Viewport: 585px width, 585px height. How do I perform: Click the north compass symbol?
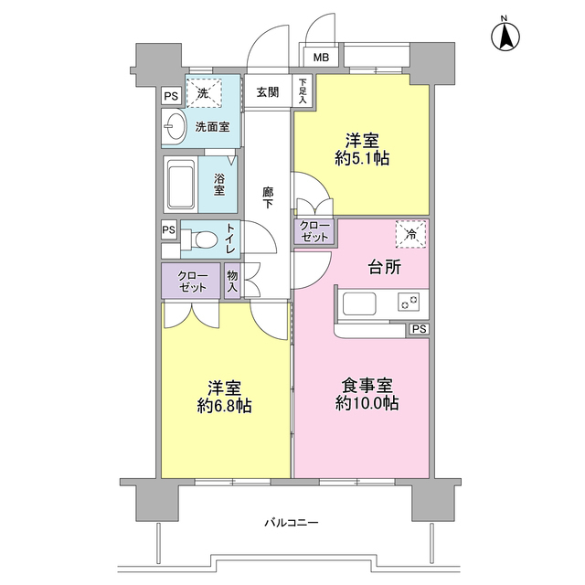(503, 37)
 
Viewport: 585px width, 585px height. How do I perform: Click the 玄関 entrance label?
(267, 91)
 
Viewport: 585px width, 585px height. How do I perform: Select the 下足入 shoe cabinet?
(302, 90)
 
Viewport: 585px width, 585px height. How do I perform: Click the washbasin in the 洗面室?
(173, 128)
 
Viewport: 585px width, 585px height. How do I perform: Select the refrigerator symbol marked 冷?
(410, 234)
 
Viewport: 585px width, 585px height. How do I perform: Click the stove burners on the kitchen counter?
(409, 301)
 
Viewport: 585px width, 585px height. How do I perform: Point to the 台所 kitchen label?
(385, 268)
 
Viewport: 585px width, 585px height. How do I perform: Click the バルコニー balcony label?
(291, 523)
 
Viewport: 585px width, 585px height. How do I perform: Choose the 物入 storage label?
(232, 282)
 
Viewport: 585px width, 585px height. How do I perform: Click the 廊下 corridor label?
(267, 197)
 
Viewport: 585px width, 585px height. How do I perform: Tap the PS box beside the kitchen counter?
(418, 329)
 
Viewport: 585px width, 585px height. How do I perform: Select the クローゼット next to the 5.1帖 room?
(313, 230)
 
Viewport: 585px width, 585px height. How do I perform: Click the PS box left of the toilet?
(169, 229)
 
